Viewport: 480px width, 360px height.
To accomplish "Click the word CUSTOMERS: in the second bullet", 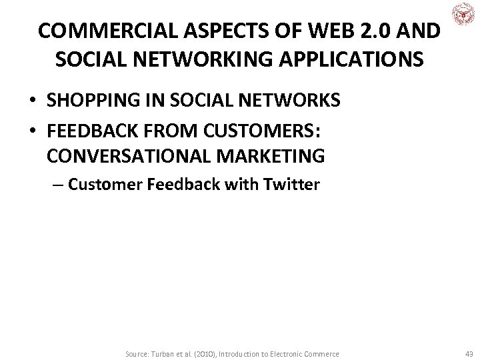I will [x=275, y=129].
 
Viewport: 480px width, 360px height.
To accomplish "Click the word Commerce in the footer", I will [x=321, y=353].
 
